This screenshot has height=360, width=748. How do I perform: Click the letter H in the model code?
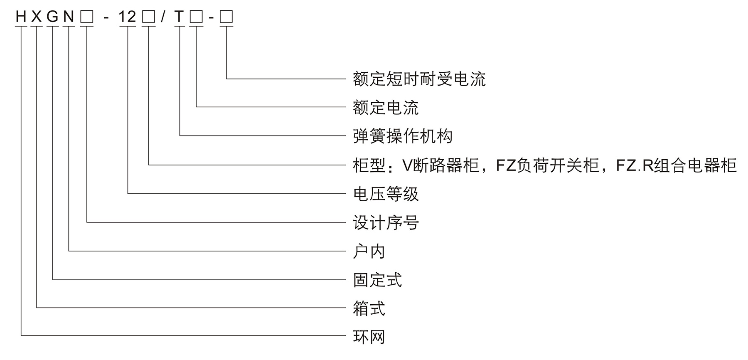[x=21, y=17]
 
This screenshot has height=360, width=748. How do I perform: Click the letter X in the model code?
[x=37, y=17]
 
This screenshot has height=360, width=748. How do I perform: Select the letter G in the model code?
[x=53, y=17]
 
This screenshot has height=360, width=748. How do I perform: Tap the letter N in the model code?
[x=69, y=17]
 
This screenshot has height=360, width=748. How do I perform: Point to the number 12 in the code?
[x=127, y=17]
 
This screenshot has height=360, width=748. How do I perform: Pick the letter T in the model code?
[x=179, y=17]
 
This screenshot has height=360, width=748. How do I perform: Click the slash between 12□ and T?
[x=163, y=17]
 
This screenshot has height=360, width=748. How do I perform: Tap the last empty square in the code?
[x=226, y=17]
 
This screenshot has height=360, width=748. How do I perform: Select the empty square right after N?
[x=87, y=17]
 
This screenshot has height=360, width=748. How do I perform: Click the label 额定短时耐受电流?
[x=419, y=79]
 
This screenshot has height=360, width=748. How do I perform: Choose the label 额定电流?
[x=386, y=108]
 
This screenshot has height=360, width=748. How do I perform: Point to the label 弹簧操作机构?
[x=402, y=136]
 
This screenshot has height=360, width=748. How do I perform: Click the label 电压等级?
[x=386, y=194]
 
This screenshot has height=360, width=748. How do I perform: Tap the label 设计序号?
[x=386, y=223]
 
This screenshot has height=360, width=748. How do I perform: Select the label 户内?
[x=369, y=252]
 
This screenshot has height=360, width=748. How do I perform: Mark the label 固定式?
[x=377, y=280]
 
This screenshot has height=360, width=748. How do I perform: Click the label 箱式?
[x=369, y=309]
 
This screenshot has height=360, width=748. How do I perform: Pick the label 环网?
[x=369, y=337]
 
